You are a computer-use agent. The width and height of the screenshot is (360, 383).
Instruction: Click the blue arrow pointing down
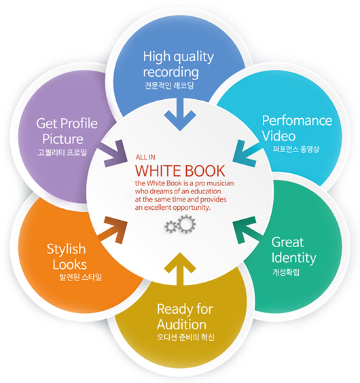[180, 115]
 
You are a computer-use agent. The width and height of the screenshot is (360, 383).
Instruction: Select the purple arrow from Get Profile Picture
[113, 153]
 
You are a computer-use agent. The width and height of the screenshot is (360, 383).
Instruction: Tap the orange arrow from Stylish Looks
[113, 230]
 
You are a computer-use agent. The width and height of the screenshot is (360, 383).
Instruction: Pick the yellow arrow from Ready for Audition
[180, 269]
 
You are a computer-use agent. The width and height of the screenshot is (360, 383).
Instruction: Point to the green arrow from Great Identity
[247, 230]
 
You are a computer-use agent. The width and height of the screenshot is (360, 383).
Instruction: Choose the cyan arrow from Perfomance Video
[246, 153]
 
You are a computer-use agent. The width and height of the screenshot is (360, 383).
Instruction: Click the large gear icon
[187, 223]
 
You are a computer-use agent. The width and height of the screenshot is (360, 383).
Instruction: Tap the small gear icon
[171, 226]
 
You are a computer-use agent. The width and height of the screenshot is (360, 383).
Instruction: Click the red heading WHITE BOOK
[180, 170]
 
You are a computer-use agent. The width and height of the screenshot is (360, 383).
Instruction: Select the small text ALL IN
[145, 157]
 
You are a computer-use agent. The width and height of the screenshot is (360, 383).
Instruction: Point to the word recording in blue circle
[171, 72]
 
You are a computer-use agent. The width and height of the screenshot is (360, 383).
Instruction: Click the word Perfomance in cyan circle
[298, 120]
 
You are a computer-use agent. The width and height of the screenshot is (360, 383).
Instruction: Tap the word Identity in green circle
[293, 258]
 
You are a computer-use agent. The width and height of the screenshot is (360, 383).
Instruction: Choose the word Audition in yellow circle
[181, 325]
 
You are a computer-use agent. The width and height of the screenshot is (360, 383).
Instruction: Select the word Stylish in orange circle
[67, 250]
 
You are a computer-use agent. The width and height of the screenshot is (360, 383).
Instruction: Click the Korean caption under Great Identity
[286, 272]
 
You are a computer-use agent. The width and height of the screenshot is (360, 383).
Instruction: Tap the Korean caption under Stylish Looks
[81, 277]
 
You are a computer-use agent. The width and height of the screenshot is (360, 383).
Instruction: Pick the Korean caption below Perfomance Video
[296, 149]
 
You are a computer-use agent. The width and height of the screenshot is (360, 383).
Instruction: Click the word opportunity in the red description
[192, 208]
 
